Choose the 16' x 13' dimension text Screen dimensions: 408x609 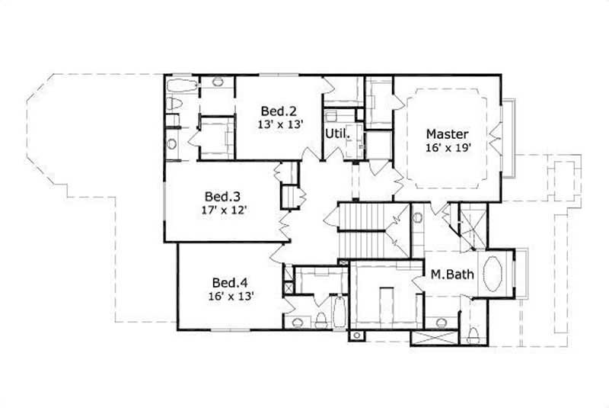click(x=228, y=295)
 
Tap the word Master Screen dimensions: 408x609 click(x=447, y=133)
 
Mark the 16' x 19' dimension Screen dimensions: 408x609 click(x=447, y=149)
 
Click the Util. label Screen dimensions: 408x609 click(x=337, y=133)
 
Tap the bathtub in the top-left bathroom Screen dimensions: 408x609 click(x=182, y=83)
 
